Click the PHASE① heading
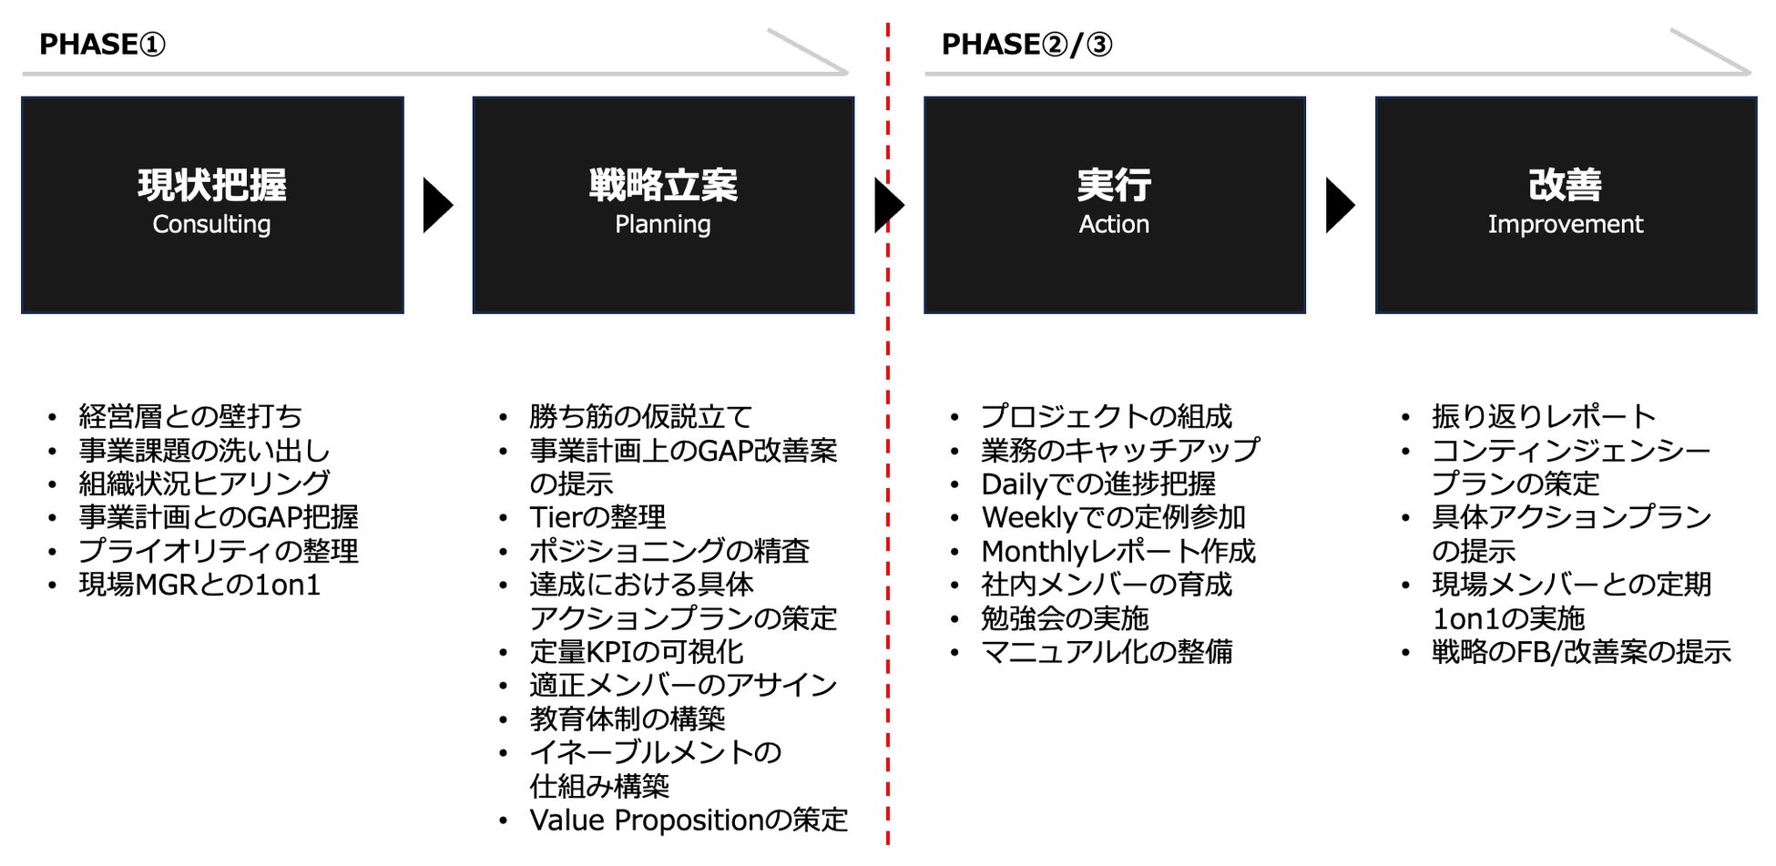[x=102, y=44]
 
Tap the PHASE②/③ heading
[x=1026, y=44]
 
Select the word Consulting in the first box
[x=211, y=224]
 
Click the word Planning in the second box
[x=662, y=224]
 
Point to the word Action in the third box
[x=1114, y=224]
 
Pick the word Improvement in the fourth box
[x=1565, y=224]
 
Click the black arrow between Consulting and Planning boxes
[x=437, y=205]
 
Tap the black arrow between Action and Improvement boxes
[x=1339, y=205]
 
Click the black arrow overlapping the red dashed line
[x=888, y=205]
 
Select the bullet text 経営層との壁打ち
[x=190, y=416]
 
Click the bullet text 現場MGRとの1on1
[x=199, y=585]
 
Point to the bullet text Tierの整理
[x=597, y=517]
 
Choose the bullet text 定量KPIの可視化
[x=636, y=652]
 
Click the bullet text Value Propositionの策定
[x=688, y=820]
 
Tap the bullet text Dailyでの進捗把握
[x=1098, y=484]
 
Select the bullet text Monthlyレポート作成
[x=1118, y=551]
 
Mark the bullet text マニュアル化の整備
[x=1107, y=652]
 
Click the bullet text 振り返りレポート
[x=1544, y=416]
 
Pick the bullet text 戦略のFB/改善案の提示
[x=1581, y=652]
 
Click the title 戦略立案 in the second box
[x=662, y=185]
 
